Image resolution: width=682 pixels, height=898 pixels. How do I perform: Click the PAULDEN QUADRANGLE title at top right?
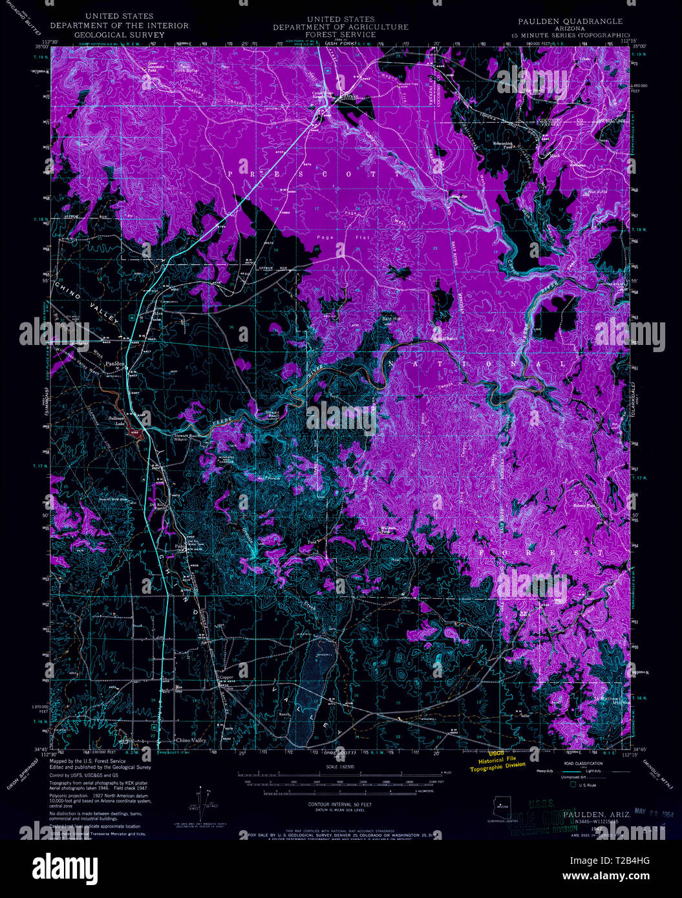point(570,21)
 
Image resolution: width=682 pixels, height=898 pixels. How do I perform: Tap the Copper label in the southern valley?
point(226,678)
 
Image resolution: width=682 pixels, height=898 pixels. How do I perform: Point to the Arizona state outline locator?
point(502,805)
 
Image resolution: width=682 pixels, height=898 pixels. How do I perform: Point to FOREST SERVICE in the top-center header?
point(340,35)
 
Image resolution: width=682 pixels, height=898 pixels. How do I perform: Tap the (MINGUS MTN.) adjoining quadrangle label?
point(657,773)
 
